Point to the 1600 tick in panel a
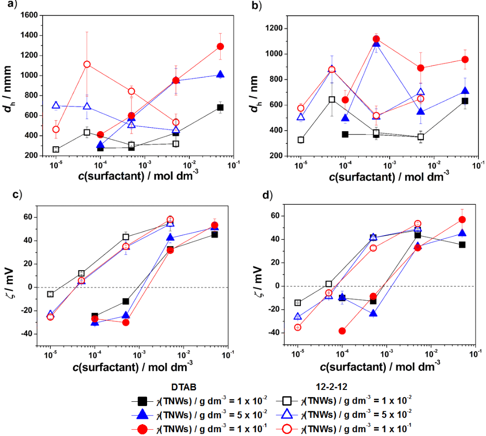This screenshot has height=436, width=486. click(x=30, y=15)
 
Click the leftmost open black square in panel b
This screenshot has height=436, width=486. click(x=300, y=140)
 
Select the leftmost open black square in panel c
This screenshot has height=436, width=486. click(x=50, y=294)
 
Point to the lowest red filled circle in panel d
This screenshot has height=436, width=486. click(x=342, y=331)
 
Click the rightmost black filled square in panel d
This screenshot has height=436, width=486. click(x=462, y=245)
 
